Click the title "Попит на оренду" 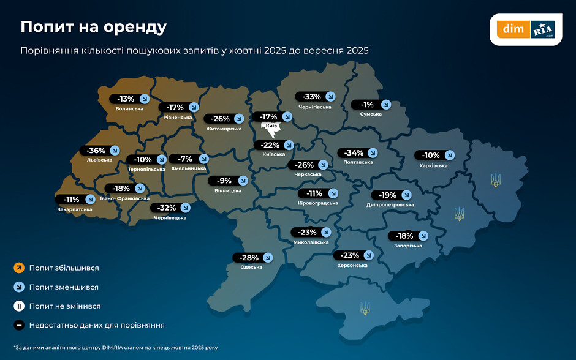click(93, 27)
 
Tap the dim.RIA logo click(526, 29)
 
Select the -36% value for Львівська click(97, 151)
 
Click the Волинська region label click(129, 109)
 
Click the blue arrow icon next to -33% click(330, 97)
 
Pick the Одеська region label click(251, 267)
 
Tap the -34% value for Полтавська click(354, 153)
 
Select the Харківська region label click(434, 165)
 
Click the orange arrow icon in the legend click(19, 268)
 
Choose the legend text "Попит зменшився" click(64, 287)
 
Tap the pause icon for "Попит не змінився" click(19, 306)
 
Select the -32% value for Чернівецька click(164, 208)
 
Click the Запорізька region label click(408, 246)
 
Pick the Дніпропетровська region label click(390, 204)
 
